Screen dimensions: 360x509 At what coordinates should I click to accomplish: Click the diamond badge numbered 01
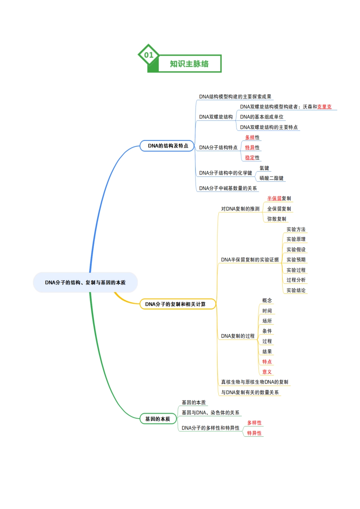[x=149, y=55]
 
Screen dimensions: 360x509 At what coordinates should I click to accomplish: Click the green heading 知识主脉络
[x=189, y=64]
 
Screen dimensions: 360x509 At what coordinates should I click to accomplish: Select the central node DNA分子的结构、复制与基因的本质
[x=85, y=283]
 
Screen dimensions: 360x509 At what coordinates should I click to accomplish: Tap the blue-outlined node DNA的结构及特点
[x=167, y=146]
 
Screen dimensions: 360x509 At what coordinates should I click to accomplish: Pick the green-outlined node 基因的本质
[x=158, y=419]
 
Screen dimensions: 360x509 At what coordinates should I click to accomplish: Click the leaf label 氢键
[x=264, y=168]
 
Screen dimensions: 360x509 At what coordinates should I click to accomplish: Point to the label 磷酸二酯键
[x=271, y=178]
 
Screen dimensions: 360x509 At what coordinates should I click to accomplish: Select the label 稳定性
[x=252, y=158]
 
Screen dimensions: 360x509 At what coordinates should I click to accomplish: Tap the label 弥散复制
[x=277, y=219]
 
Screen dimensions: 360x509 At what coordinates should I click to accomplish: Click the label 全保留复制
[x=279, y=209]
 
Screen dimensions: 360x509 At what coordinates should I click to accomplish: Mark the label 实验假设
[x=296, y=250]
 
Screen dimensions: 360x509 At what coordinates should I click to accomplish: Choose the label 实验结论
[x=296, y=290]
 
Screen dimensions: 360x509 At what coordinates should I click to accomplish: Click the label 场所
[x=267, y=321]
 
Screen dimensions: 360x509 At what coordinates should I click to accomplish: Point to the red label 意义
[x=267, y=372]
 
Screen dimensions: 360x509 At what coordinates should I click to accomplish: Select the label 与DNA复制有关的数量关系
[x=250, y=392]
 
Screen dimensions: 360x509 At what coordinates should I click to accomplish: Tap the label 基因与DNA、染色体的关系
[x=210, y=412]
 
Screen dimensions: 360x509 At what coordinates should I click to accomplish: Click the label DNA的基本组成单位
[x=262, y=117]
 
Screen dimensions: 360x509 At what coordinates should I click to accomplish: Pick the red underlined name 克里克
[x=324, y=107]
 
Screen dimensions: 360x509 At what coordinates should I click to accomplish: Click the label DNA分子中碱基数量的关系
[x=228, y=188]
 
